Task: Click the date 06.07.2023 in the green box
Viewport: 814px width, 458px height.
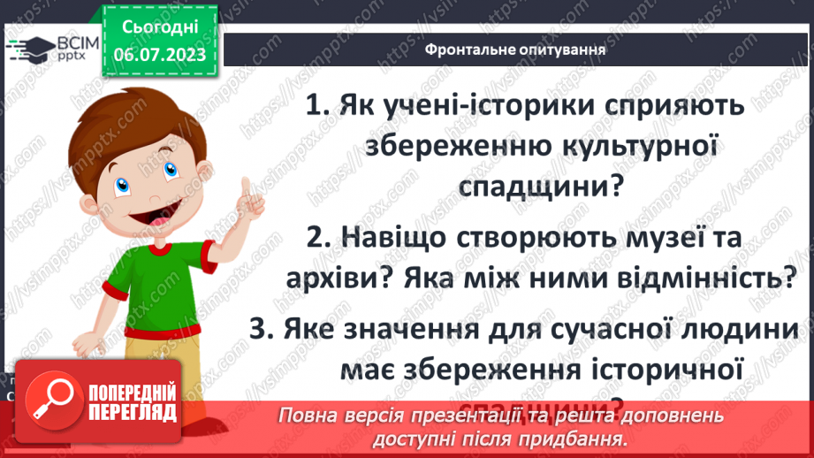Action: (x=160, y=54)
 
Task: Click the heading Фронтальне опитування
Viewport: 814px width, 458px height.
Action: (x=515, y=50)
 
